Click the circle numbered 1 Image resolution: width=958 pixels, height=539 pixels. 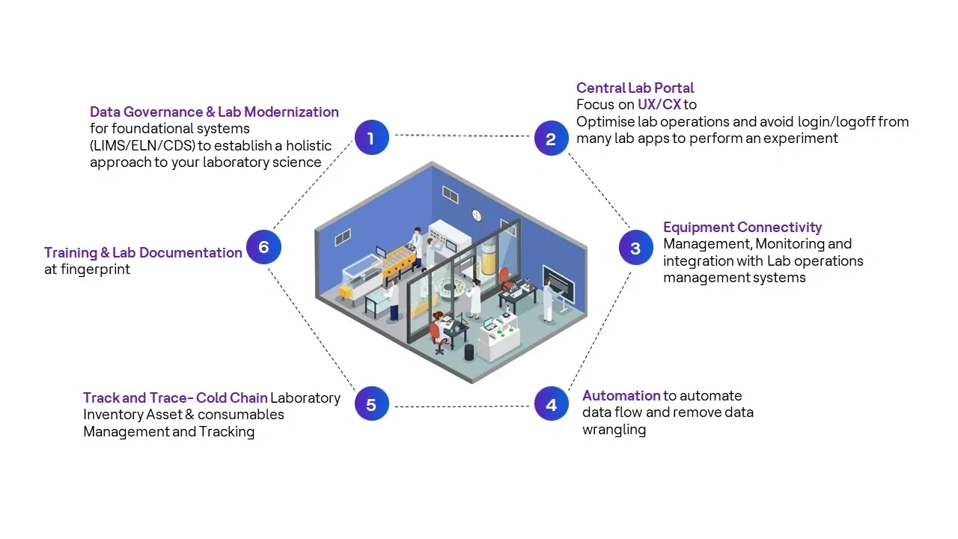pyautogui.click(x=371, y=138)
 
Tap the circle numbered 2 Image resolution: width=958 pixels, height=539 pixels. pyautogui.click(x=551, y=138)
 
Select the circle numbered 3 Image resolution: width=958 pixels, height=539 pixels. pyautogui.click(x=635, y=248)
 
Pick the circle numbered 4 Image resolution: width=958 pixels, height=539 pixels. pyautogui.click(x=551, y=405)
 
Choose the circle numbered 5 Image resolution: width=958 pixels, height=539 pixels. pyautogui.click(x=371, y=405)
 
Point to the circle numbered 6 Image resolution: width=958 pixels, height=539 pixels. pyautogui.click(x=263, y=247)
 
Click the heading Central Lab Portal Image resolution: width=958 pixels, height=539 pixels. pyautogui.click(x=635, y=88)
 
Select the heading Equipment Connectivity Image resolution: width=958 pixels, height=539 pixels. pyautogui.click(x=742, y=227)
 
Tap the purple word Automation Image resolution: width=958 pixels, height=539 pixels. pyautogui.click(x=621, y=395)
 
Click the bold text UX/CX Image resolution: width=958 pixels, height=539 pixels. pyautogui.click(x=659, y=104)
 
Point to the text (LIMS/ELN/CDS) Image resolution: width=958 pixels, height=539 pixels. pyautogui.click(x=142, y=145)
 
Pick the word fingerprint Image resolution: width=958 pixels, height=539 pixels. pyautogui.click(x=95, y=269)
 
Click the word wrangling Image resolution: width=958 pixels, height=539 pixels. pyautogui.click(x=614, y=430)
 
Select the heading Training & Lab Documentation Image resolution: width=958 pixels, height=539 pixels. pyautogui.click(x=143, y=252)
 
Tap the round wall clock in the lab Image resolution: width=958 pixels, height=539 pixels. pyautogui.click(x=477, y=216)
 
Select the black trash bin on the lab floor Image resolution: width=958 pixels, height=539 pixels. pyautogui.click(x=469, y=352)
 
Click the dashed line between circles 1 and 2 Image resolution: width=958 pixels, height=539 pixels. pyautogui.click(x=461, y=136)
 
